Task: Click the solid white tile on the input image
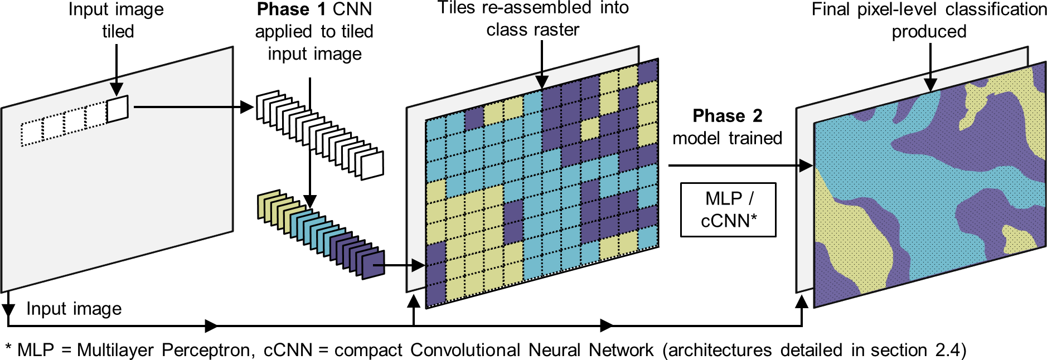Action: click(117, 109)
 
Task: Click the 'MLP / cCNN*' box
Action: click(728, 210)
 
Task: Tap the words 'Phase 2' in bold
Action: click(727, 116)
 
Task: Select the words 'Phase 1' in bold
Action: click(292, 9)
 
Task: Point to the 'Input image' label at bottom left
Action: click(74, 309)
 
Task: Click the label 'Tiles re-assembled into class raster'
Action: click(533, 18)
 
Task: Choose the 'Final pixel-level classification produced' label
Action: click(929, 20)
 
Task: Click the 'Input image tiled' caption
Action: click(117, 20)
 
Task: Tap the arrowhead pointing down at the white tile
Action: click(117, 89)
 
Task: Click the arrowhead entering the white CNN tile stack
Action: click(247, 107)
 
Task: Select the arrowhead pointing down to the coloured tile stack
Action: click(310, 201)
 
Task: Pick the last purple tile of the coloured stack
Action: click(373, 265)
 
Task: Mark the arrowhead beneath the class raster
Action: click(413, 301)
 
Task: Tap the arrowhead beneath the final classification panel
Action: click(802, 302)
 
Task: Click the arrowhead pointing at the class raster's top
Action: click(541, 82)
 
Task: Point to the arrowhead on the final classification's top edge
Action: click(930, 84)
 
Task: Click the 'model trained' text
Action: click(727, 138)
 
